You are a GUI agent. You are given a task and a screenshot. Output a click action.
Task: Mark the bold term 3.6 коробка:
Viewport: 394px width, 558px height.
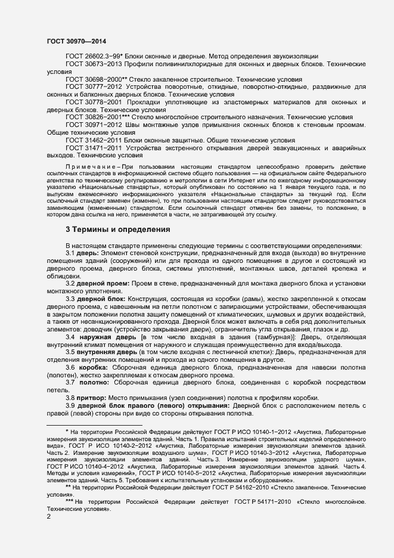(x=91, y=368)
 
